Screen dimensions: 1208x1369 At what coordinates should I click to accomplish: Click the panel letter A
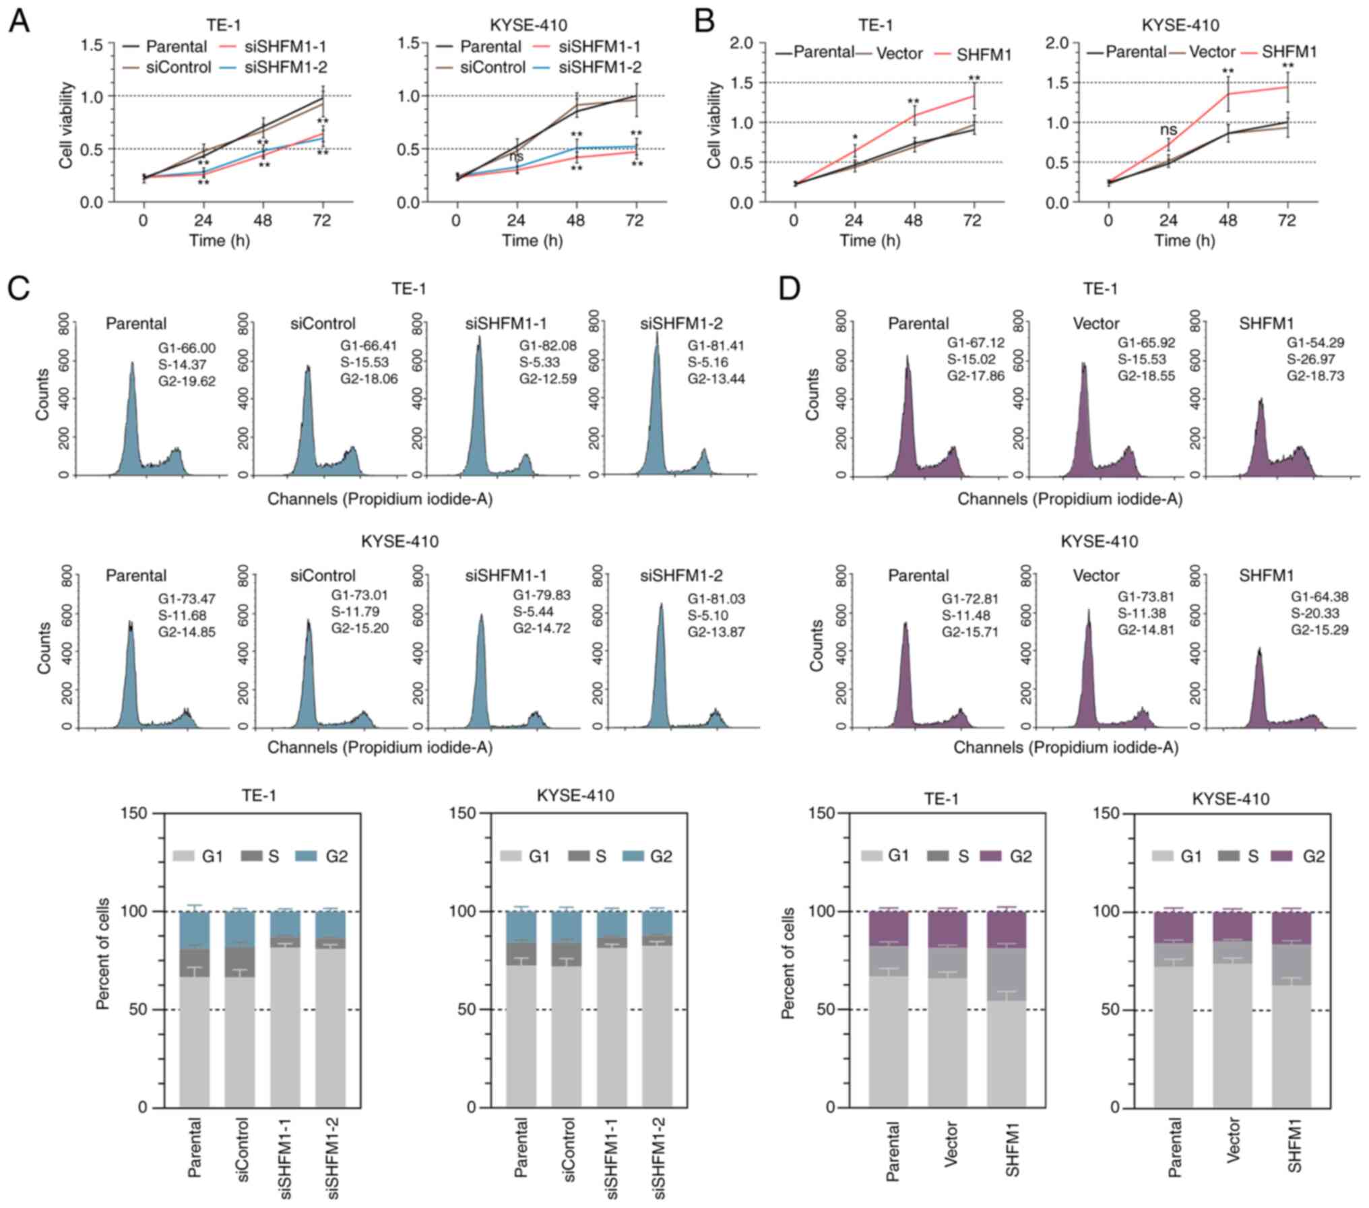click(18, 22)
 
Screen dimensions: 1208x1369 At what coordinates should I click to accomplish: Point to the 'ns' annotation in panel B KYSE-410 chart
click(1169, 130)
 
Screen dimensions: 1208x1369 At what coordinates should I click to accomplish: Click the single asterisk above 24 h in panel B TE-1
click(854, 137)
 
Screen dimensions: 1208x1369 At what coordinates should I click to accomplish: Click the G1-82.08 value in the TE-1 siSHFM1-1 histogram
click(548, 346)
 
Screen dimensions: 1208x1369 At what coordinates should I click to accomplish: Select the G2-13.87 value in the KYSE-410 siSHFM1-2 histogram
click(716, 632)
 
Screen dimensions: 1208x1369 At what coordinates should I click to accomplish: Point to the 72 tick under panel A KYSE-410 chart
click(635, 222)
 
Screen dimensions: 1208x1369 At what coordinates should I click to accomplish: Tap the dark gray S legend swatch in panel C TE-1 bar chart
click(250, 856)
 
